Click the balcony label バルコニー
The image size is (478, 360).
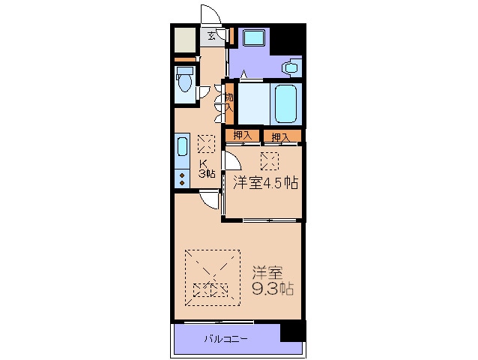(x=226, y=339)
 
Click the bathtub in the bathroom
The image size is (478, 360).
(x=286, y=104)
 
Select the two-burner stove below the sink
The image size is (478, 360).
(x=182, y=179)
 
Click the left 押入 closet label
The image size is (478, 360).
(x=241, y=136)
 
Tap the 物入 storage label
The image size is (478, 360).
(x=229, y=101)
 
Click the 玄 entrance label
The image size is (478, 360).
(x=211, y=35)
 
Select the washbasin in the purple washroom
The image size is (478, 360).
(x=290, y=67)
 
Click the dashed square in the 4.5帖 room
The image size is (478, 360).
(x=269, y=160)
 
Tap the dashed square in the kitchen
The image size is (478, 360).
(x=205, y=143)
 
